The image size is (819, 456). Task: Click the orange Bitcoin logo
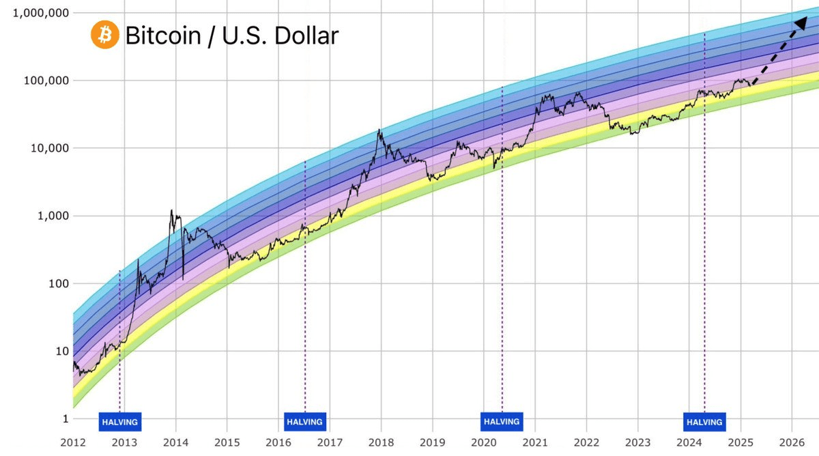click(104, 35)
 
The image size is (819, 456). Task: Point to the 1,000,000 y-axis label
click(34, 13)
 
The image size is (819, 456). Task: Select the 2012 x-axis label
click(73, 442)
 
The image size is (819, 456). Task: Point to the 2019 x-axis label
click(432, 442)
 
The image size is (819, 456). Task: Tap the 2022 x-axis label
click(586, 442)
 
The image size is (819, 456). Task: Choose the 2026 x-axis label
click(792, 442)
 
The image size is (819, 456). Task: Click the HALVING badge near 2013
click(119, 422)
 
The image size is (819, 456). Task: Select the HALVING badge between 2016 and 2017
click(304, 422)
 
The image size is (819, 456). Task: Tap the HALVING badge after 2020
click(502, 422)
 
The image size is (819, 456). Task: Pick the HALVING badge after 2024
click(704, 422)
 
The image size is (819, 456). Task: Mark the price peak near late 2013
click(171, 210)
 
